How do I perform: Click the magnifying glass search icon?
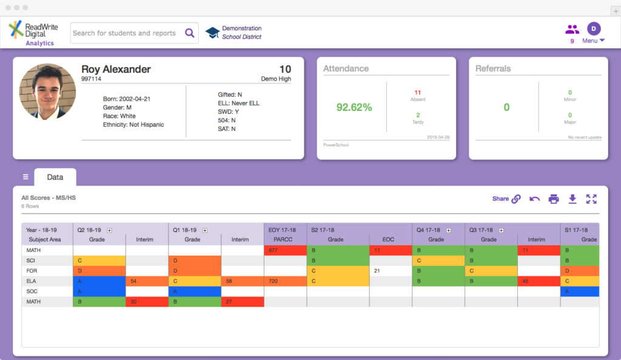(x=190, y=33)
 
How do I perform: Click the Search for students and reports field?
(x=134, y=33)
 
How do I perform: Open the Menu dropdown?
(x=593, y=41)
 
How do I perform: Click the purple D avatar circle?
(x=594, y=28)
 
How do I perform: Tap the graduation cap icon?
(x=212, y=33)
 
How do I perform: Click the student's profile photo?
(x=47, y=92)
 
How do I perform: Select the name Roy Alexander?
(x=116, y=69)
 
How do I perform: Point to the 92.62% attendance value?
(x=354, y=107)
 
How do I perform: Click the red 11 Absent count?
(x=418, y=93)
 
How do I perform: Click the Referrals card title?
(x=493, y=68)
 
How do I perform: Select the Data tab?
(x=55, y=177)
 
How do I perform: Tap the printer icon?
(x=554, y=199)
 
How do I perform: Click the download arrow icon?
(x=572, y=199)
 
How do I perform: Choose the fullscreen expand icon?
(x=591, y=199)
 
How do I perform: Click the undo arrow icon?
(x=535, y=199)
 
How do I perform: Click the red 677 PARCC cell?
(x=285, y=250)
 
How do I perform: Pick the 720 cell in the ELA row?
(x=285, y=281)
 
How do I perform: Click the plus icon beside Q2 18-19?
(x=109, y=230)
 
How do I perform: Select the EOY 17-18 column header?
(x=282, y=230)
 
